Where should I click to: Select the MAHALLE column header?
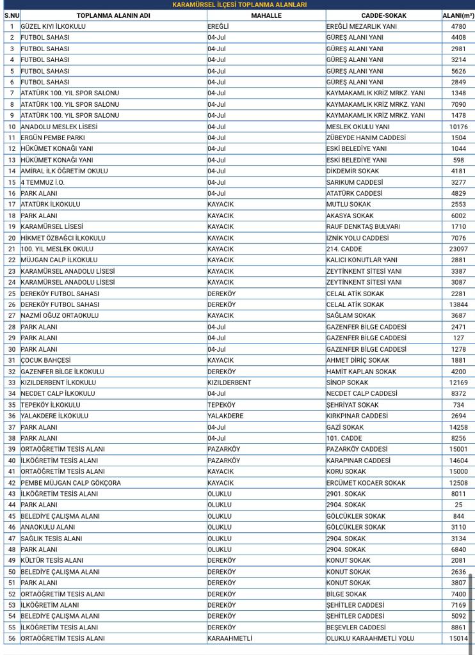266,15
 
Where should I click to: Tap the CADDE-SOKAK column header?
383,15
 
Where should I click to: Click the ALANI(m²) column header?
458,15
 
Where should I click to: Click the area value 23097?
458,249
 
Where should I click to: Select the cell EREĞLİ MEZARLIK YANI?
361,26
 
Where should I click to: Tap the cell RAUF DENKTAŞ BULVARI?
363,226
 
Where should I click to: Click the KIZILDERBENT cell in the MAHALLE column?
229,383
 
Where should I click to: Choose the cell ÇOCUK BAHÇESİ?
45,360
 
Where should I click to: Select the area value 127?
458,338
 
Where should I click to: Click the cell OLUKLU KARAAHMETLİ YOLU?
370,638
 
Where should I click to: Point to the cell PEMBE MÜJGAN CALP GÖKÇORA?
70,483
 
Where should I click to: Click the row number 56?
12,638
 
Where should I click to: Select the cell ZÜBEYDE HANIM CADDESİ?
366,138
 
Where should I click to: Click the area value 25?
458,505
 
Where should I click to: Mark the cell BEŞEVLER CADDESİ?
356,627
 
